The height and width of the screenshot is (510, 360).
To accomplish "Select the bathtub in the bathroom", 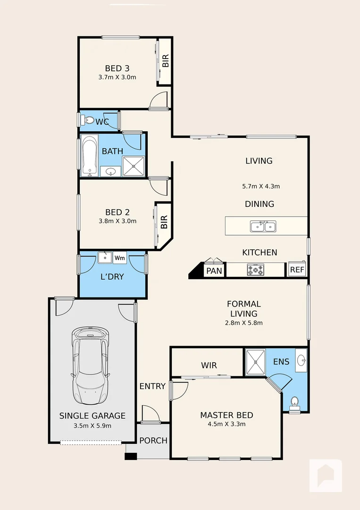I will (x=89, y=155).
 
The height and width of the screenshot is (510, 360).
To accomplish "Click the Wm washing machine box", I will (x=120, y=258).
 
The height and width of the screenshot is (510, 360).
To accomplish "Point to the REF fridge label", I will (x=297, y=270).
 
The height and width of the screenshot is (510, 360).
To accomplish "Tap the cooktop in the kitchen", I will (x=256, y=270).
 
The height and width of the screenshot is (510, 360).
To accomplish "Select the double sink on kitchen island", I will (x=263, y=227).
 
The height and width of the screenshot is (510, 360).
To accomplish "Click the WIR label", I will (x=209, y=365).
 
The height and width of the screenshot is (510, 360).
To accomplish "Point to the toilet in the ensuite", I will (x=294, y=402).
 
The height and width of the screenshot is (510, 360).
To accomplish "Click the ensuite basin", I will (x=301, y=361).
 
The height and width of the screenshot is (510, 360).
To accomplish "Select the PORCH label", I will (x=153, y=441).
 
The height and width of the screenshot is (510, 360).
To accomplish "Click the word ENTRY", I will (x=152, y=386).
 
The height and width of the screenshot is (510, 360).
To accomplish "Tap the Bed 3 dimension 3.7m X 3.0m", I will (x=117, y=77).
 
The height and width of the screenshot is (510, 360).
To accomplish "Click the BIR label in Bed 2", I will (x=164, y=222).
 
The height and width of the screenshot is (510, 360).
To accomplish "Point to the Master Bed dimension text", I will (x=226, y=424).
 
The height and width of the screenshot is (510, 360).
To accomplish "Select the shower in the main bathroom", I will (x=134, y=166).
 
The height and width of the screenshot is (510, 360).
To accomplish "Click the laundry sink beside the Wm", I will (x=105, y=258).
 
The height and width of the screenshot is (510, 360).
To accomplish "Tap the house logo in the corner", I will (x=326, y=475).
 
